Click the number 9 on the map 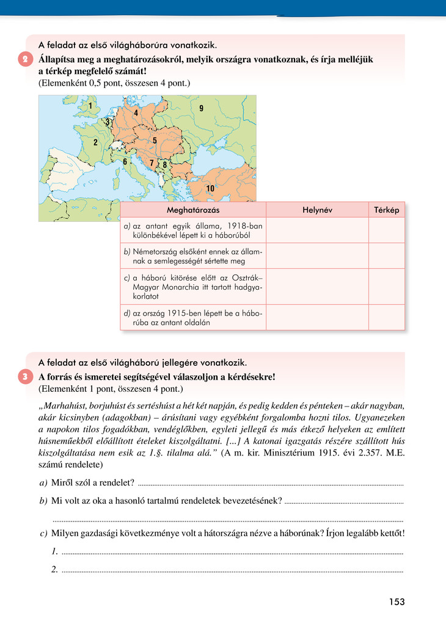click(x=201, y=108)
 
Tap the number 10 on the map click(x=210, y=188)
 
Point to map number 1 click(x=90, y=106)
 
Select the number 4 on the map click(x=136, y=113)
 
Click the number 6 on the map click(x=125, y=161)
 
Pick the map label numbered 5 click(x=155, y=141)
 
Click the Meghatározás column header click(x=193, y=210)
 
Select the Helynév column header click(x=316, y=210)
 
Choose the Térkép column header click(x=386, y=210)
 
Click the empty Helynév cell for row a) click(x=316, y=230)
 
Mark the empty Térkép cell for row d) click(x=386, y=318)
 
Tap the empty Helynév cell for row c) click(x=316, y=286)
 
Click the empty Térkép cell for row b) click(x=386, y=256)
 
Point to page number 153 click(x=397, y=602)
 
